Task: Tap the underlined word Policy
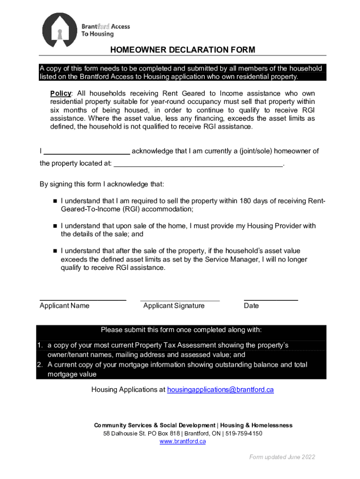coord(61,93)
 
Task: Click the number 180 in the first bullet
coord(245,201)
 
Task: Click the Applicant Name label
coord(65,306)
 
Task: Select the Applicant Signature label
coord(174,306)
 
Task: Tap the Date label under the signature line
coord(251,306)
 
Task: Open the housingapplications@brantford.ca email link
coord(220,390)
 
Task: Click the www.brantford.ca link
coord(183,442)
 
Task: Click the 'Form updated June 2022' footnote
coord(282,457)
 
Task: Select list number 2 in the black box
coord(40,365)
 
